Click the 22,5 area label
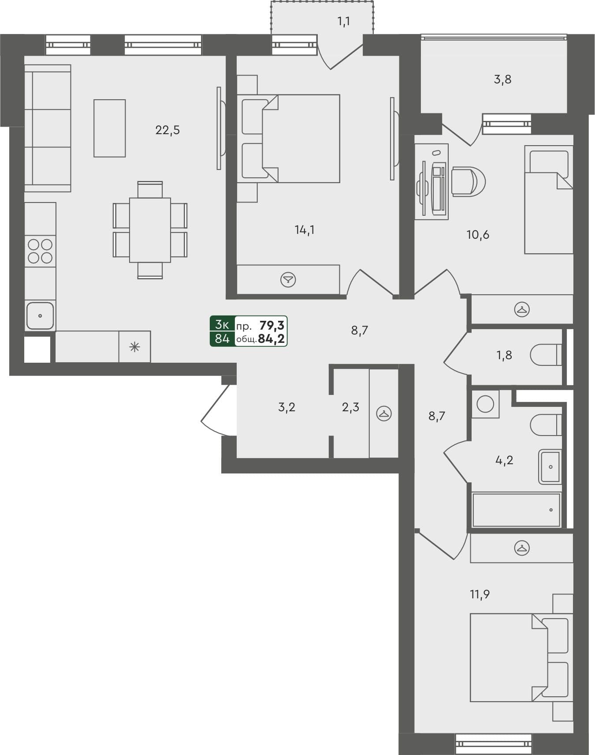pos(167,130)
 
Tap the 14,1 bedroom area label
pos(305,230)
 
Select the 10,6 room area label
pos(478,235)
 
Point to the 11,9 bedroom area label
pos(480,594)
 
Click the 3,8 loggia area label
pos(502,79)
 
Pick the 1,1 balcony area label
pos(344,21)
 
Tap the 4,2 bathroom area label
pos(504,460)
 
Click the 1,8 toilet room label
pos(504,355)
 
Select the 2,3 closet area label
pos(350,407)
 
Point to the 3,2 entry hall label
pos(286,407)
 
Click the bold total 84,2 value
pos(271,339)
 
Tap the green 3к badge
pos(222,325)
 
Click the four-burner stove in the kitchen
pos(40,251)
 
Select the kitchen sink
pos(40,316)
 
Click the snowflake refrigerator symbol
pos(134,347)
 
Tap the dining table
pos(150,230)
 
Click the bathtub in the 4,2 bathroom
pos(516,510)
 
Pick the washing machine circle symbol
pos(485,404)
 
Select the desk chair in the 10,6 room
pos(469,181)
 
